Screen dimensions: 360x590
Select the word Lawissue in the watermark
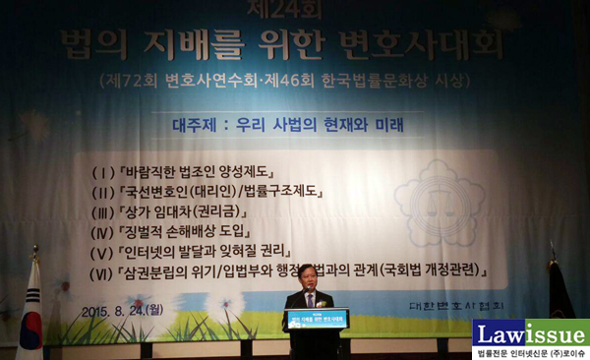pyautogui.click(x=530, y=332)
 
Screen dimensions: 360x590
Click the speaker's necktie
pyautogui.click(x=310, y=297)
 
